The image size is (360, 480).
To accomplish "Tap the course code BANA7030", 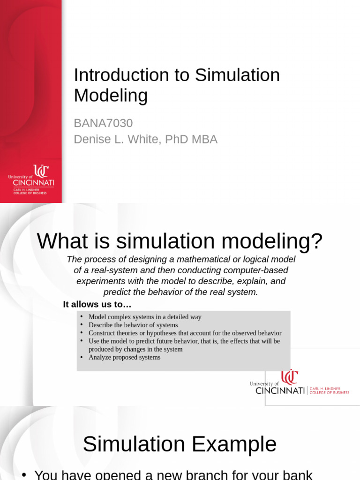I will coord(103,123).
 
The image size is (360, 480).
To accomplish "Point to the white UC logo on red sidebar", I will coord(41,171).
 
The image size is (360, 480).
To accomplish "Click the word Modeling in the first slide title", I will coord(111,96).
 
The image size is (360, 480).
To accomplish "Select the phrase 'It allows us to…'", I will coord(97,305).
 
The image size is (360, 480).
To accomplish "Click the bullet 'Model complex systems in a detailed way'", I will coord(145,317).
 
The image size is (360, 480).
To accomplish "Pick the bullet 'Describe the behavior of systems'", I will coord(133,325).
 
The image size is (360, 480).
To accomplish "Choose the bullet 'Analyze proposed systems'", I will coord(124,357).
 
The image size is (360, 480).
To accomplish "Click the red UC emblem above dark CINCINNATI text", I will coord(290,377).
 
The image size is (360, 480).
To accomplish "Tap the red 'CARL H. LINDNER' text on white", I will coord(329,389).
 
